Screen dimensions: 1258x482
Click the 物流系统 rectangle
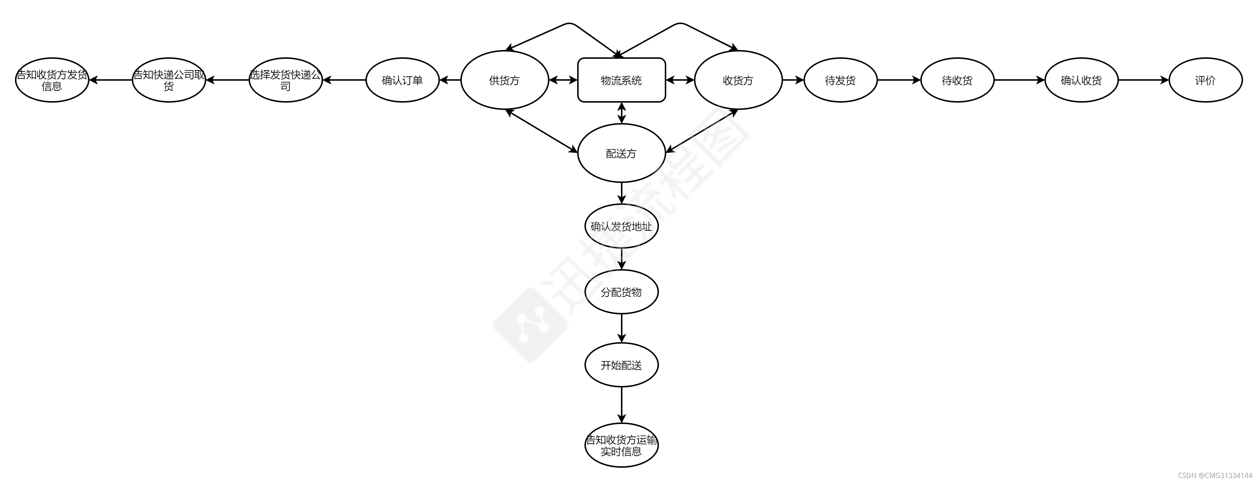[621, 80]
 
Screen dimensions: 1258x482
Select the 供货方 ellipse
[505, 80]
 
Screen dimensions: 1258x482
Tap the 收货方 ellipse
[738, 80]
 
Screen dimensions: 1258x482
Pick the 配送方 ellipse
[621, 153]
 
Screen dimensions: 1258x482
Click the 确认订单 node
[402, 80]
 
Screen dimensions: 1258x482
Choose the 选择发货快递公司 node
[286, 80]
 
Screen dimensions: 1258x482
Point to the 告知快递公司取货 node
[169, 80]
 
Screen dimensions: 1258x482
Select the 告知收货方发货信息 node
[52, 80]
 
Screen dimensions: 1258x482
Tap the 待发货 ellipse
[840, 80]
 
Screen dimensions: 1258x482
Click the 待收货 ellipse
[957, 80]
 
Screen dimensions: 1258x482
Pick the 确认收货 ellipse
[1081, 80]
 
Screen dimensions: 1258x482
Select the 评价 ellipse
[1205, 80]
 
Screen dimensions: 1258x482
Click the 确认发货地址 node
[621, 226]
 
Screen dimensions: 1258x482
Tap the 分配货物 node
[621, 292]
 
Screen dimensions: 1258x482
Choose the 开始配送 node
[621, 365]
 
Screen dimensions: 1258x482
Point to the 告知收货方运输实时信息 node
[621, 445]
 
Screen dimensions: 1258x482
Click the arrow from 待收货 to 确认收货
[1019, 80]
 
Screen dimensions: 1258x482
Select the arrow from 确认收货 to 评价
[1143, 80]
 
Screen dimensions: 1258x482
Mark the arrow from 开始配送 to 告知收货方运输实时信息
[621, 405]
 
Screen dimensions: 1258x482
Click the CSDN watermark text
[1215, 475]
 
